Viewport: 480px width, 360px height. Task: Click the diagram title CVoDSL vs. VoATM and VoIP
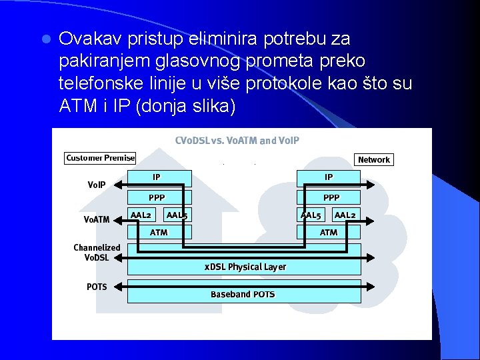tap(237, 141)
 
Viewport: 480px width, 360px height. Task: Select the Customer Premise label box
tap(100, 158)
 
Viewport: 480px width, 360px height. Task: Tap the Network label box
tap(374, 159)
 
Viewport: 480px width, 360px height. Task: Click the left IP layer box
tap(159, 178)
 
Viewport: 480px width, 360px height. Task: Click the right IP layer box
tap(329, 178)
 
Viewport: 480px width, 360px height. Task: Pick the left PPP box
tap(159, 197)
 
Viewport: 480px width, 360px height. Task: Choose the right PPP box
tap(329, 197)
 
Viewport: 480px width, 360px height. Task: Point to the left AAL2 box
tap(141, 215)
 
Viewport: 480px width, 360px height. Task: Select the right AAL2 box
tap(345, 215)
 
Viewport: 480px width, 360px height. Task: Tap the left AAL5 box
tap(177, 215)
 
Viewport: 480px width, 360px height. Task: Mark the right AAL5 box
tap(311, 215)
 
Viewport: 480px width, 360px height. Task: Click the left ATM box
tap(159, 232)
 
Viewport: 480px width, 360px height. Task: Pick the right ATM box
tap(329, 232)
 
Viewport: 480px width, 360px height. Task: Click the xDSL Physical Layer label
tap(245, 267)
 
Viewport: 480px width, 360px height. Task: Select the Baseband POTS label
tap(243, 294)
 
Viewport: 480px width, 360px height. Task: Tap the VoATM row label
tap(97, 219)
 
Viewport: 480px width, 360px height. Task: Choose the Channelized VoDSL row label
tap(97, 252)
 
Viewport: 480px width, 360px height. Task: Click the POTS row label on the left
tap(97, 287)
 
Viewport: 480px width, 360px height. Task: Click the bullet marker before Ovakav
tap(45, 39)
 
